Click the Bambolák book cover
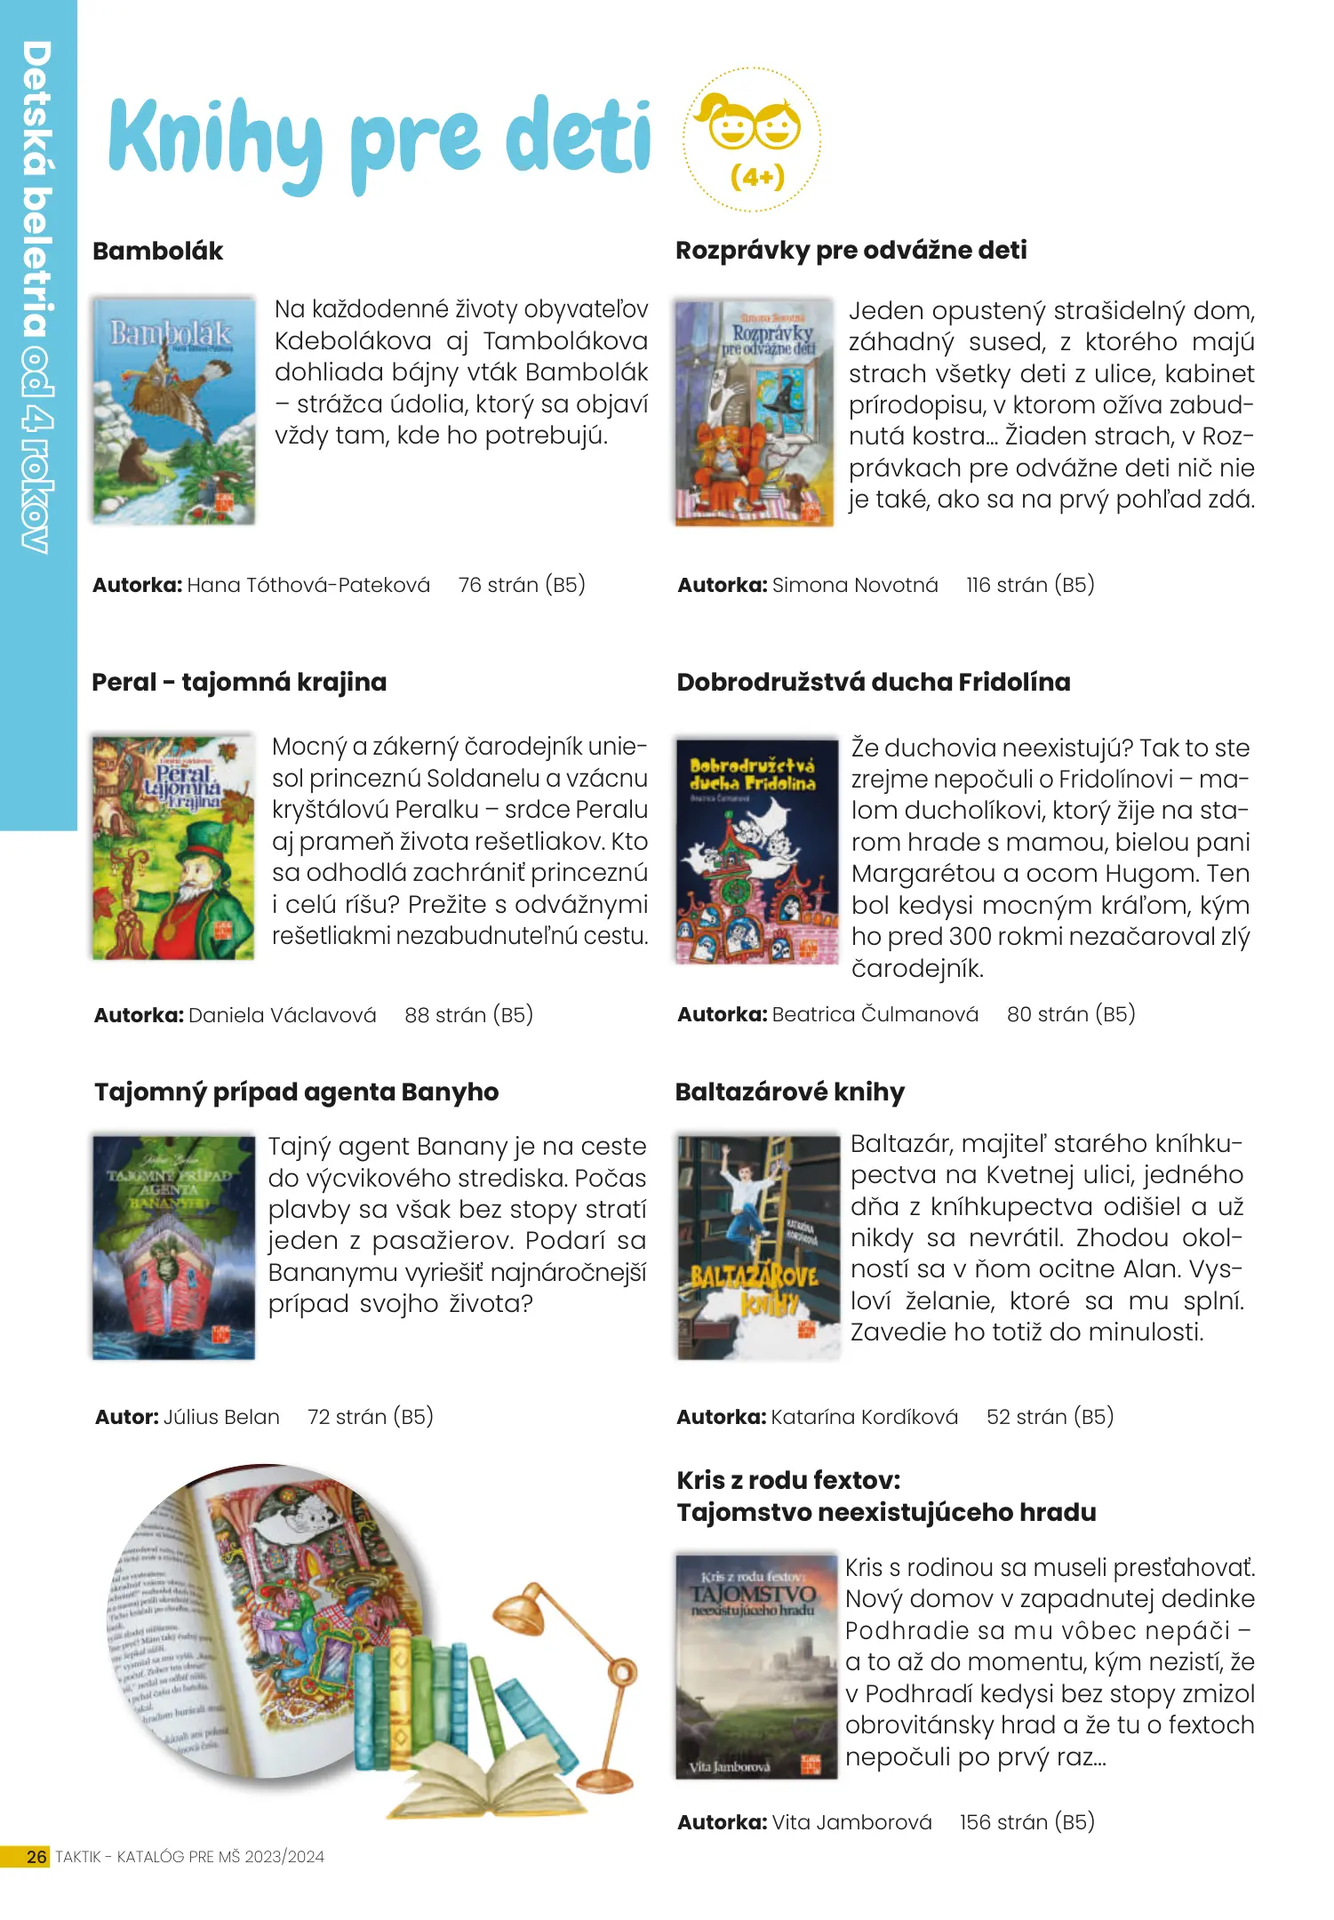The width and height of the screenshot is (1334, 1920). [174, 410]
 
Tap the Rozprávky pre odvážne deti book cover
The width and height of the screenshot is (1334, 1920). [754, 412]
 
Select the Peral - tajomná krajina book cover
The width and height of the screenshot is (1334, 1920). [173, 846]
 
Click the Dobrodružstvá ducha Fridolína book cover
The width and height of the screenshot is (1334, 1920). [757, 851]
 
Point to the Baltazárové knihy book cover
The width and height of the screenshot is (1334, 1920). [757, 1247]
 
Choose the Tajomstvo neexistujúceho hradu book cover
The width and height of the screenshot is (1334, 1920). [756, 1666]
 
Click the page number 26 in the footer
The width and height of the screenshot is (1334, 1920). [36, 1857]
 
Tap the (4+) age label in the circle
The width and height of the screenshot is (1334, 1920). [756, 177]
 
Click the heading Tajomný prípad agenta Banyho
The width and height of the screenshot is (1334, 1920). [296, 1092]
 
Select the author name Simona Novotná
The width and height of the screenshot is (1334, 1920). [854, 585]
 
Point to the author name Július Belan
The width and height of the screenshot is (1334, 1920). [221, 1417]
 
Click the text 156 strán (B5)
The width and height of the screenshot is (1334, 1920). [1026, 1822]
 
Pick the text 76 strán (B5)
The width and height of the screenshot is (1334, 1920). [522, 585]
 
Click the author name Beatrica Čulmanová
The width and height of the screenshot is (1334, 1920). [875, 1014]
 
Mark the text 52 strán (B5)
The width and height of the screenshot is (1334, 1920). [1050, 1417]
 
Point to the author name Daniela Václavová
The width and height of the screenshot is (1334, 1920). [282, 1015]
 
